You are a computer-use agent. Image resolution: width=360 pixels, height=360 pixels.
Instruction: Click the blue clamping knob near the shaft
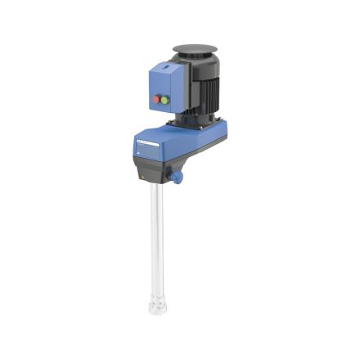(x=176, y=176)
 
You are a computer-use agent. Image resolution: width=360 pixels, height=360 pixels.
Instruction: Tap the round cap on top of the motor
(x=196, y=50)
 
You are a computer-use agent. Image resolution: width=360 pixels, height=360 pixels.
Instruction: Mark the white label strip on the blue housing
(x=146, y=144)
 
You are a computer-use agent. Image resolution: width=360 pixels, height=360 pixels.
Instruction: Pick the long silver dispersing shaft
(x=156, y=237)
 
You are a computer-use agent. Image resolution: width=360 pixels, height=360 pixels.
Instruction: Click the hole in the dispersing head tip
(x=155, y=309)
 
